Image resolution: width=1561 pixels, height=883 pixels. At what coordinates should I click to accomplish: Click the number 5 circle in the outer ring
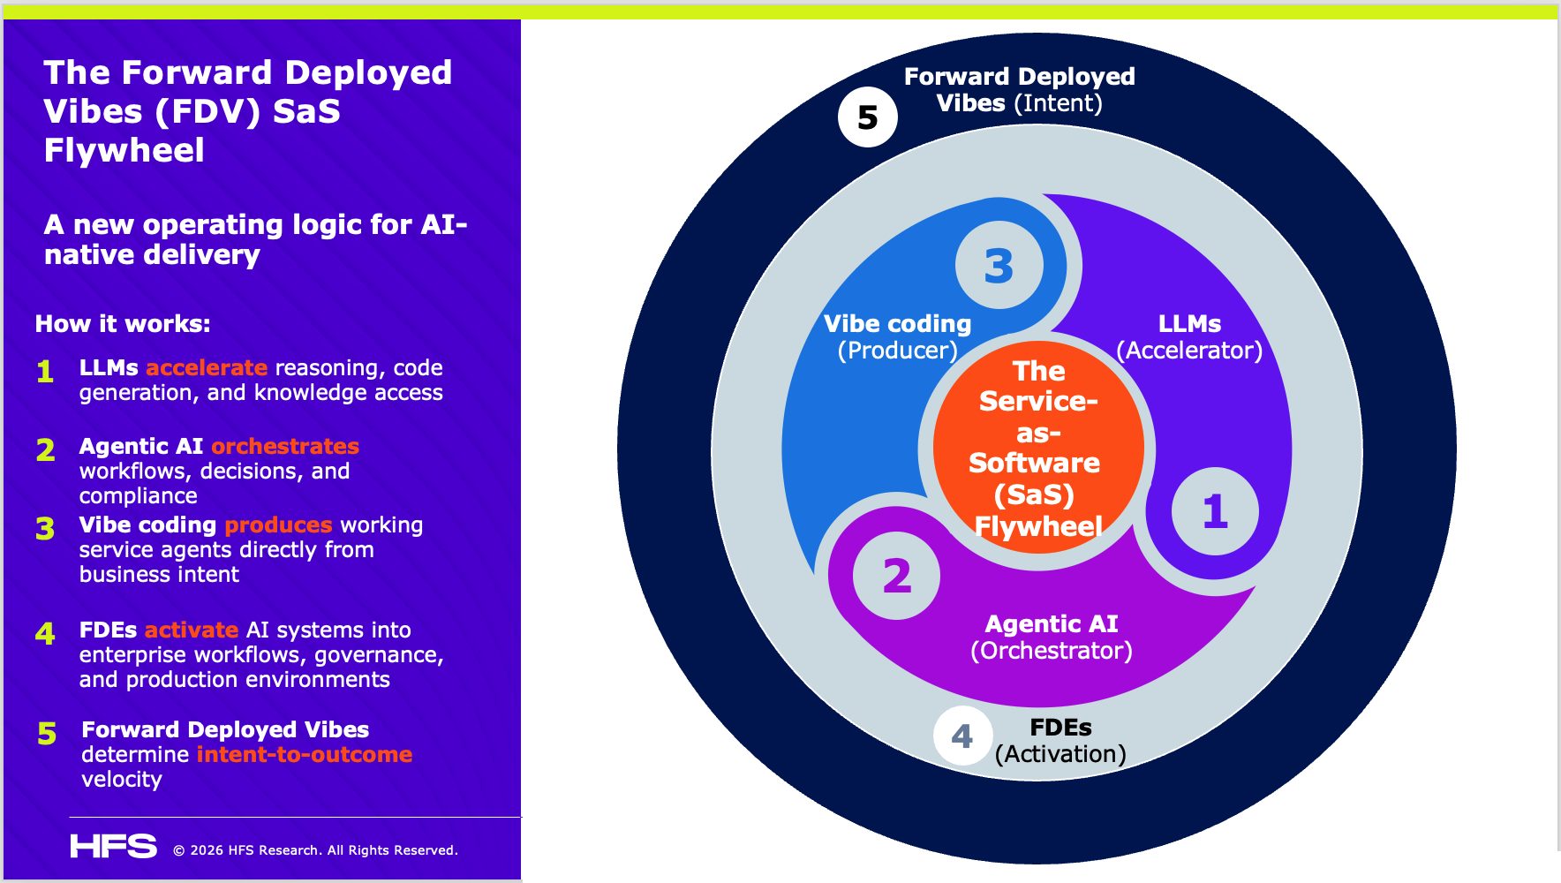[867, 117]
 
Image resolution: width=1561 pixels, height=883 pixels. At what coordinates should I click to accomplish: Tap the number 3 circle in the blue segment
[999, 265]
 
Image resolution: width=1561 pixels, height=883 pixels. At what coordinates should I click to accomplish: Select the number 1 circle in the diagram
[1215, 510]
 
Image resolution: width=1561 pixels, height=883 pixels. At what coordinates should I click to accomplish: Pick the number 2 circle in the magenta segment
[896, 576]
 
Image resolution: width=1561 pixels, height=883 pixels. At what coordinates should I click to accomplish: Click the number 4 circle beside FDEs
[962, 736]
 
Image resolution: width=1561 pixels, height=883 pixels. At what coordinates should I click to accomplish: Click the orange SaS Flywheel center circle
[1037, 448]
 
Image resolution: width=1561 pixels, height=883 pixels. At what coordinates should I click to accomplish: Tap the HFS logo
[113, 847]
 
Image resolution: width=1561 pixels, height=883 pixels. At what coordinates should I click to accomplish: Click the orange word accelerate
[207, 367]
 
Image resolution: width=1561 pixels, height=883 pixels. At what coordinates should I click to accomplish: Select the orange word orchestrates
[285, 446]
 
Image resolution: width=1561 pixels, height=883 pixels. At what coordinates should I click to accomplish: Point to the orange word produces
[278, 525]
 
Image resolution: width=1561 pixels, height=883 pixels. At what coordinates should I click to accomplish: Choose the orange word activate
[192, 630]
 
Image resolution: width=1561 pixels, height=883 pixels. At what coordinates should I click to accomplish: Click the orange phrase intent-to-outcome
[305, 754]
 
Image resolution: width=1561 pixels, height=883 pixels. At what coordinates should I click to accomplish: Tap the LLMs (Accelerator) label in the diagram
[1189, 337]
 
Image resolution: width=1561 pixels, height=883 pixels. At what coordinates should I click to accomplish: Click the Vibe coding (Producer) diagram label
[897, 337]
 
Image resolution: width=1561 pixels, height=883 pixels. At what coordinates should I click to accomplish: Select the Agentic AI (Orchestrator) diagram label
[1051, 638]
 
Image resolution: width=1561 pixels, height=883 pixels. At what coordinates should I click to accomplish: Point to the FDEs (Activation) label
[1060, 741]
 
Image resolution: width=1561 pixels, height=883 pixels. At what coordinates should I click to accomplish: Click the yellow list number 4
[45, 633]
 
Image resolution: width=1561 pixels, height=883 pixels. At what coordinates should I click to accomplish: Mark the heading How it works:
[123, 323]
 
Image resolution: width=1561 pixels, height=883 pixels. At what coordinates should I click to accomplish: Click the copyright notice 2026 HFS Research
[315, 850]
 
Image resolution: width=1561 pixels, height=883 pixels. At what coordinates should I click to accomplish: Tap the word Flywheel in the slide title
[124, 150]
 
